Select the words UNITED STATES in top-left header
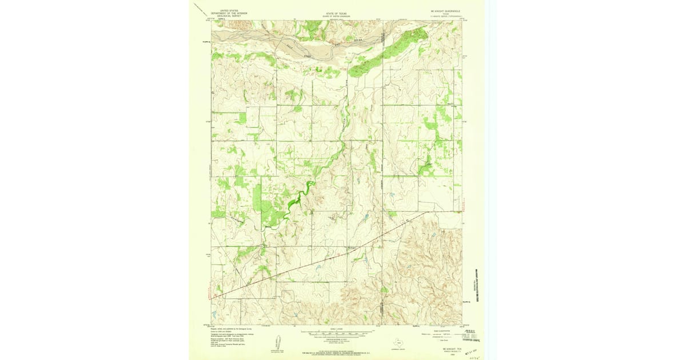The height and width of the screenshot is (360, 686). (226, 10)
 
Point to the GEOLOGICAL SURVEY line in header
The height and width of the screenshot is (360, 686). (226, 16)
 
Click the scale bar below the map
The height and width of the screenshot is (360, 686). (337, 333)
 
